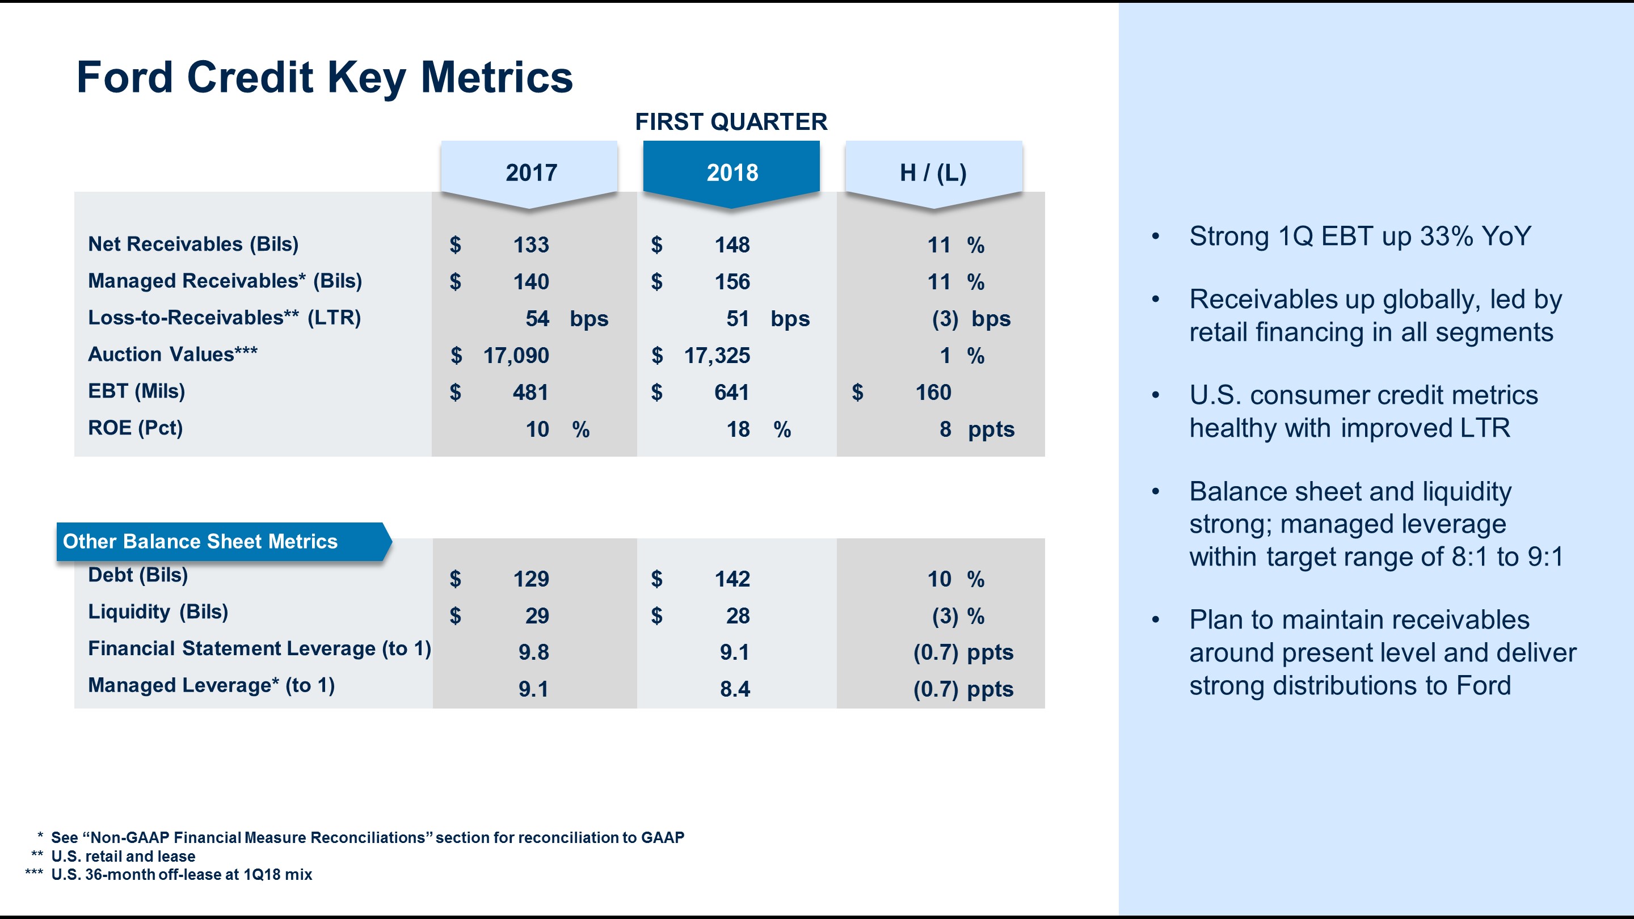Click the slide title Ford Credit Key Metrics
coord(324,77)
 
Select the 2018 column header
coord(731,172)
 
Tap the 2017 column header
coord(531,172)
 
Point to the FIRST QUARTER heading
coord(731,122)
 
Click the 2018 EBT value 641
coord(731,393)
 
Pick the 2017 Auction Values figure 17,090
coord(516,356)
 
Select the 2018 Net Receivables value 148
coord(732,245)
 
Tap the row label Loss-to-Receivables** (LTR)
coord(225,318)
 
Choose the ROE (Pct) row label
coord(135,428)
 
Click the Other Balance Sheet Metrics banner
coord(200,542)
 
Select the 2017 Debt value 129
coord(531,579)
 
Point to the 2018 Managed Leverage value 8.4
coord(735,689)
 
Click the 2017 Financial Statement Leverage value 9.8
coord(533,652)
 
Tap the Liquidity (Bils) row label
coord(158,612)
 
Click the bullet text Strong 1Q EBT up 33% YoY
coord(1359,237)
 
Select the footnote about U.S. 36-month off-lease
coord(182,875)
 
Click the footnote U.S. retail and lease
coord(123,856)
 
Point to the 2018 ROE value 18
coord(738,429)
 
